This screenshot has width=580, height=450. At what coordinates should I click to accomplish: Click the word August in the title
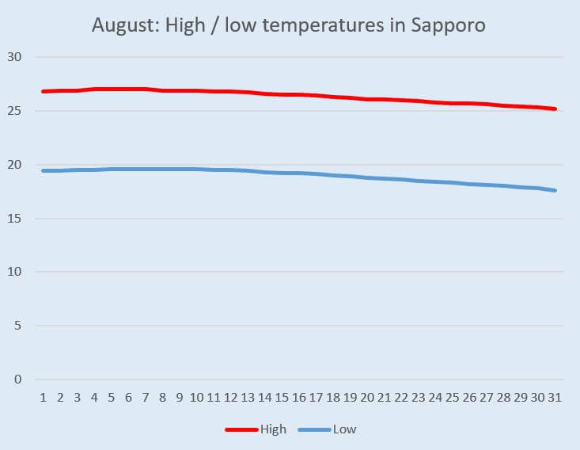(x=123, y=25)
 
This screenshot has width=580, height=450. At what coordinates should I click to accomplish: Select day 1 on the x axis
(x=43, y=397)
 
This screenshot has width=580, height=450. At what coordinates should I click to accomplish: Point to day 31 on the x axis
(x=555, y=397)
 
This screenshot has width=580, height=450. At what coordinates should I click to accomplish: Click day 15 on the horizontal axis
(x=282, y=397)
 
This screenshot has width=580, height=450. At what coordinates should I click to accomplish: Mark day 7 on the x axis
(x=146, y=397)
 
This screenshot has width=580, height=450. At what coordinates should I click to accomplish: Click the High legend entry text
(x=273, y=430)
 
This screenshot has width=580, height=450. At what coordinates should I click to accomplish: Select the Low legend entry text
(x=344, y=430)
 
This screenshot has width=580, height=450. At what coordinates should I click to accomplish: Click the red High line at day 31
(x=555, y=109)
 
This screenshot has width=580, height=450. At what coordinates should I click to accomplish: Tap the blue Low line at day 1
(x=43, y=170)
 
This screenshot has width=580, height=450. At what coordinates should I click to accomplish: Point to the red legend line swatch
(x=241, y=430)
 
